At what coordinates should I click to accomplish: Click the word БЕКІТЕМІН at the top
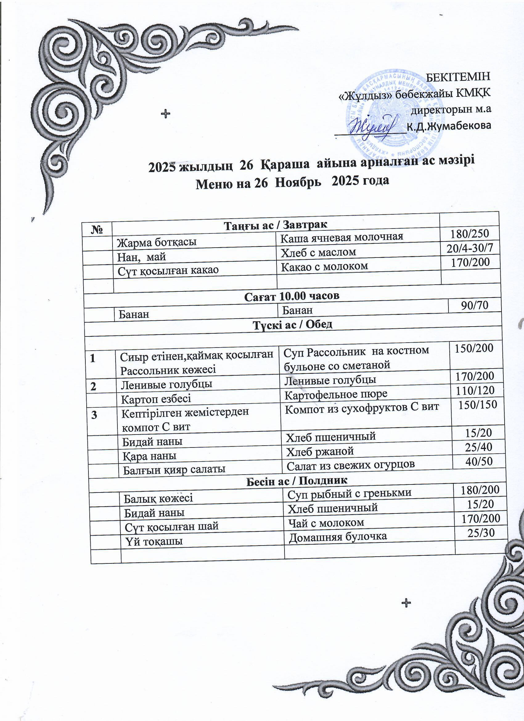(458, 76)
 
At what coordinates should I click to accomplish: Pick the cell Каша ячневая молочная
(342, 237)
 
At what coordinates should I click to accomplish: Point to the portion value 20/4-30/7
(470, 248)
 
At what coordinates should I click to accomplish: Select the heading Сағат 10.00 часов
(292, 296)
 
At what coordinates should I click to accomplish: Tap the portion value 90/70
(474, 305)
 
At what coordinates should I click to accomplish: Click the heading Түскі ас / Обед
(292, 325)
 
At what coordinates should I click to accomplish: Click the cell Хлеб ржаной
(320, 451)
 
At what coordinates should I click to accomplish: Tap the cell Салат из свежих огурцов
(350, 465)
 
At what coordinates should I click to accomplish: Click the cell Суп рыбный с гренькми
(349, 493)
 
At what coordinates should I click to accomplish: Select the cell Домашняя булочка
(338, 537)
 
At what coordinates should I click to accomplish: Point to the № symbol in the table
(97, 230)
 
